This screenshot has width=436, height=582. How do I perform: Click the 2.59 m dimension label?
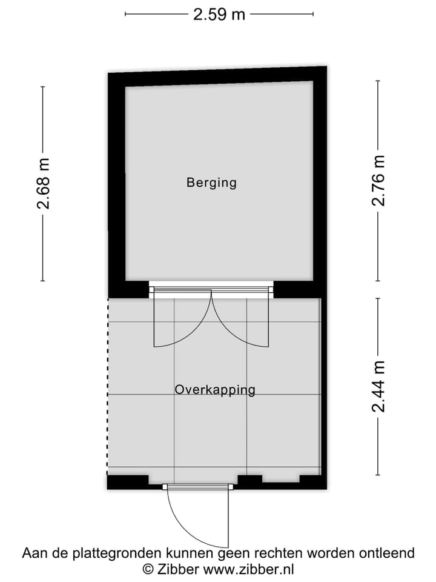219,14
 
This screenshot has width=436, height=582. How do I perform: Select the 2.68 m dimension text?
43,184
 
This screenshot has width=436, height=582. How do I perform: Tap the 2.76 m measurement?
378,181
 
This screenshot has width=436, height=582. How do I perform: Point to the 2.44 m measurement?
378,386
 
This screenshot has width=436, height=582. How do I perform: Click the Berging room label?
211,182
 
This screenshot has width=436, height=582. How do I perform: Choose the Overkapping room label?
215,390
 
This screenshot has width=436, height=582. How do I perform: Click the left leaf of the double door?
156,318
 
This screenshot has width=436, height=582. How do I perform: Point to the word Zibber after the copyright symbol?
177,569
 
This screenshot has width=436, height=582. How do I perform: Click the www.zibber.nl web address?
248,569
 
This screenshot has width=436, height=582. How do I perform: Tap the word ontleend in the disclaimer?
388,554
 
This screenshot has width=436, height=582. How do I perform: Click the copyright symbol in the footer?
148,569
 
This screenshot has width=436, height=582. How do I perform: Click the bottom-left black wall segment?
128,482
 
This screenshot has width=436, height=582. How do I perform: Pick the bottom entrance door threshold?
198,486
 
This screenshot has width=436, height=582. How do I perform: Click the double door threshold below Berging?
211,290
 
